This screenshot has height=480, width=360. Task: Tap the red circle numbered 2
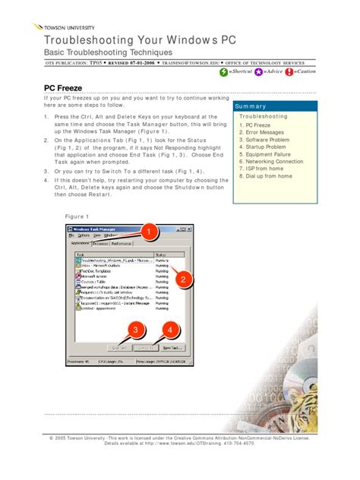point(182,280)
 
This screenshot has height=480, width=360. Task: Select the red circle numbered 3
point(135,330)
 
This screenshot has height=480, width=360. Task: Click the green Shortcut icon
point(223,71)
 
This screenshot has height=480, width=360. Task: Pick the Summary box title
point(251,106)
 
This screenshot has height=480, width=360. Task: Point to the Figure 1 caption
point(77,216)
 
